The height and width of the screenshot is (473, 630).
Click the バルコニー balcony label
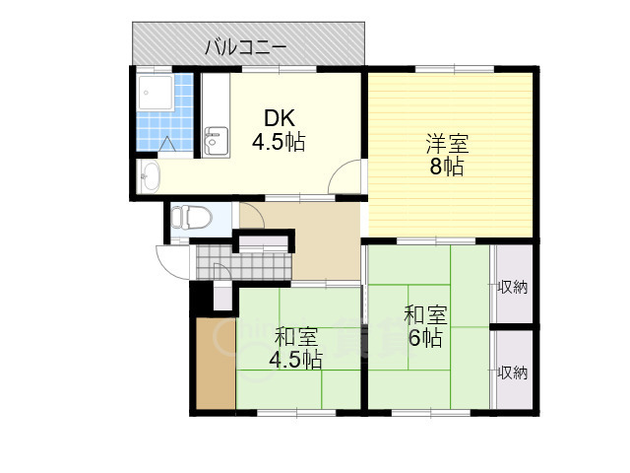[246, 48]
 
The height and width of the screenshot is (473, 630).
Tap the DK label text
[280, 118]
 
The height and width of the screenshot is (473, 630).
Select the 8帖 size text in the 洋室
[447, 167]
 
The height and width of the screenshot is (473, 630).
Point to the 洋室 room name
[447, 144]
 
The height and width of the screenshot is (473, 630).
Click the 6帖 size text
[425, 338]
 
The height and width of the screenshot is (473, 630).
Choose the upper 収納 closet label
[512, 288]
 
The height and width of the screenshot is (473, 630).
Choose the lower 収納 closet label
[512, 372]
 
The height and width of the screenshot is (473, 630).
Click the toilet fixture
[191, 217]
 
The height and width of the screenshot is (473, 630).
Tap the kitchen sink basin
[217, 142]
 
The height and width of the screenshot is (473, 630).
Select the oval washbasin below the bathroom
[151, 177]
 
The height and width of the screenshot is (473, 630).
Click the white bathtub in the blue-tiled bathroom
[156, 93]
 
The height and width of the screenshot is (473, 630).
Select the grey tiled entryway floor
[243, 262]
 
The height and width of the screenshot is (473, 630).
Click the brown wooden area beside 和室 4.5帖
[217, 364]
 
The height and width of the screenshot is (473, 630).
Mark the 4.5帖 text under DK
[279, 142]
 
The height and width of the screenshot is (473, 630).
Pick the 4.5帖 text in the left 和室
[295, 360]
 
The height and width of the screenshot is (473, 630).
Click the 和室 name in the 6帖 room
[426, 315]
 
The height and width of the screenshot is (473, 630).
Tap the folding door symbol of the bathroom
[166, 145]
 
